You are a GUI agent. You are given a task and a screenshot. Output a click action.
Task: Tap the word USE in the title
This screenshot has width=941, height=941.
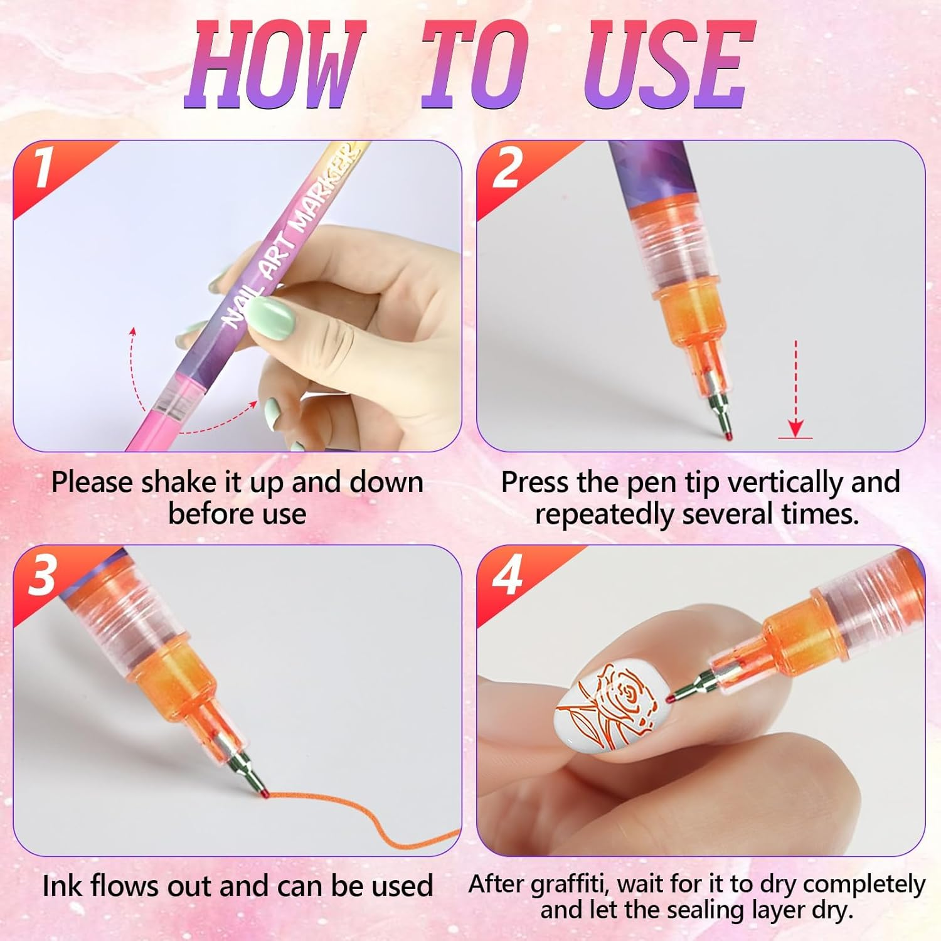coord(669,65)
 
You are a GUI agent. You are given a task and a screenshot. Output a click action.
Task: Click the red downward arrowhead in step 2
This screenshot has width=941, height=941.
coord(795,428)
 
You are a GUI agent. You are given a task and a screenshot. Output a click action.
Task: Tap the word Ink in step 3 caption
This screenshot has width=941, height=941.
coord(63,886)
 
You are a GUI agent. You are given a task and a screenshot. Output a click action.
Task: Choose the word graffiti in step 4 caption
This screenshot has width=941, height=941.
coord(568,884)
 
